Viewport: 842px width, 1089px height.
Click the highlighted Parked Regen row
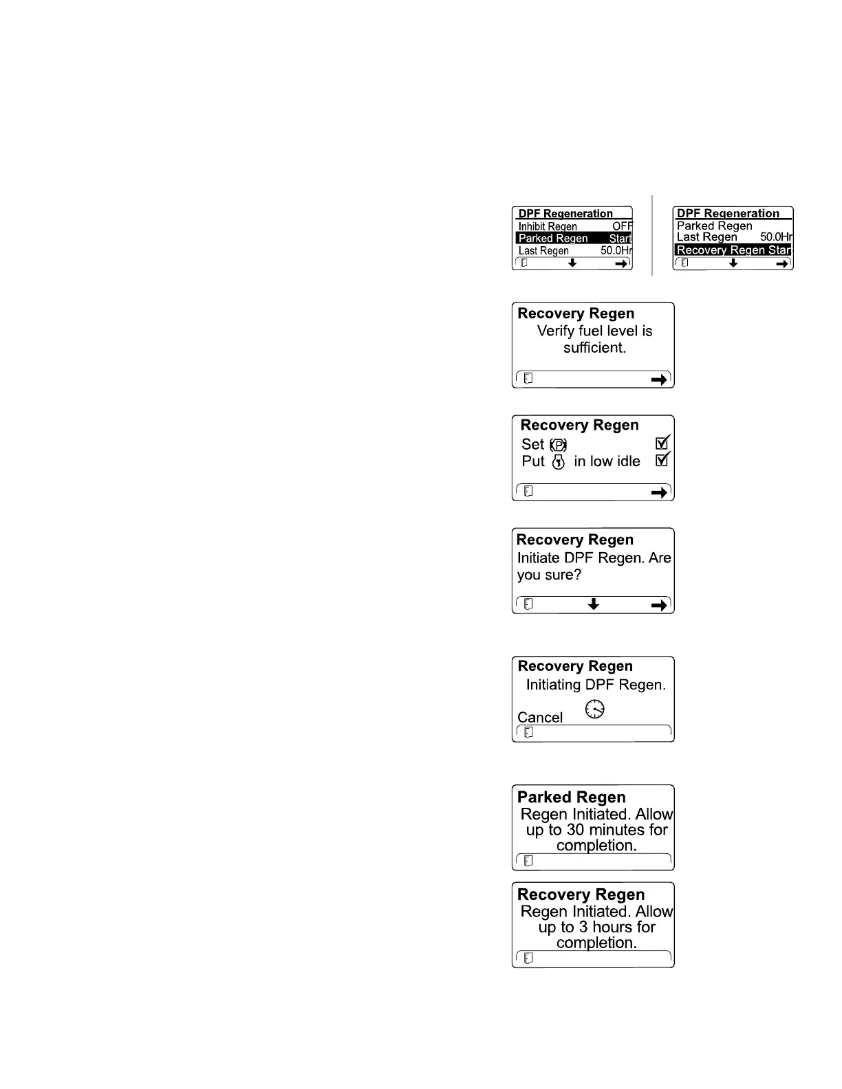point(574,239)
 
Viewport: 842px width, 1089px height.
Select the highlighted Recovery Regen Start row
point(733,250)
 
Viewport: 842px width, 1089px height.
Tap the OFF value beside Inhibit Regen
point(623,226)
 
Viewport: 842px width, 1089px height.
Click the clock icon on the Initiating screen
point(595,709)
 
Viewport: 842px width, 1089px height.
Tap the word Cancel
point(540,718)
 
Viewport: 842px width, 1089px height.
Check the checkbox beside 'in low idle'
point(662,460)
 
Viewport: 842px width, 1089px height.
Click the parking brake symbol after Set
point(559,445)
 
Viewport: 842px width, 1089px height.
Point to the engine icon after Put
point(559,462)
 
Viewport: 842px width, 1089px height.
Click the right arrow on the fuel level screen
point(659,379)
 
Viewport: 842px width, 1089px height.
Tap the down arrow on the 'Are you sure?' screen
point(594,604)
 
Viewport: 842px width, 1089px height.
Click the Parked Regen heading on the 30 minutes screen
point(572,797)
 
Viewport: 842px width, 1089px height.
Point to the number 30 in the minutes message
point(575,830)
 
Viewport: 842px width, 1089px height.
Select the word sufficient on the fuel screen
point(595,348)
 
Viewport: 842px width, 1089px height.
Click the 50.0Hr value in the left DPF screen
point(616,251)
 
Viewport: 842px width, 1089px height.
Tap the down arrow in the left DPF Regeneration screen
point(572,263)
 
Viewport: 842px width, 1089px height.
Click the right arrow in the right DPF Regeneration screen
point(783,263)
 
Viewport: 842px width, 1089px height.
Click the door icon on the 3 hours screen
point(528,958)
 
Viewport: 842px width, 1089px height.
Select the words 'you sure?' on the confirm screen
point(549,575)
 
